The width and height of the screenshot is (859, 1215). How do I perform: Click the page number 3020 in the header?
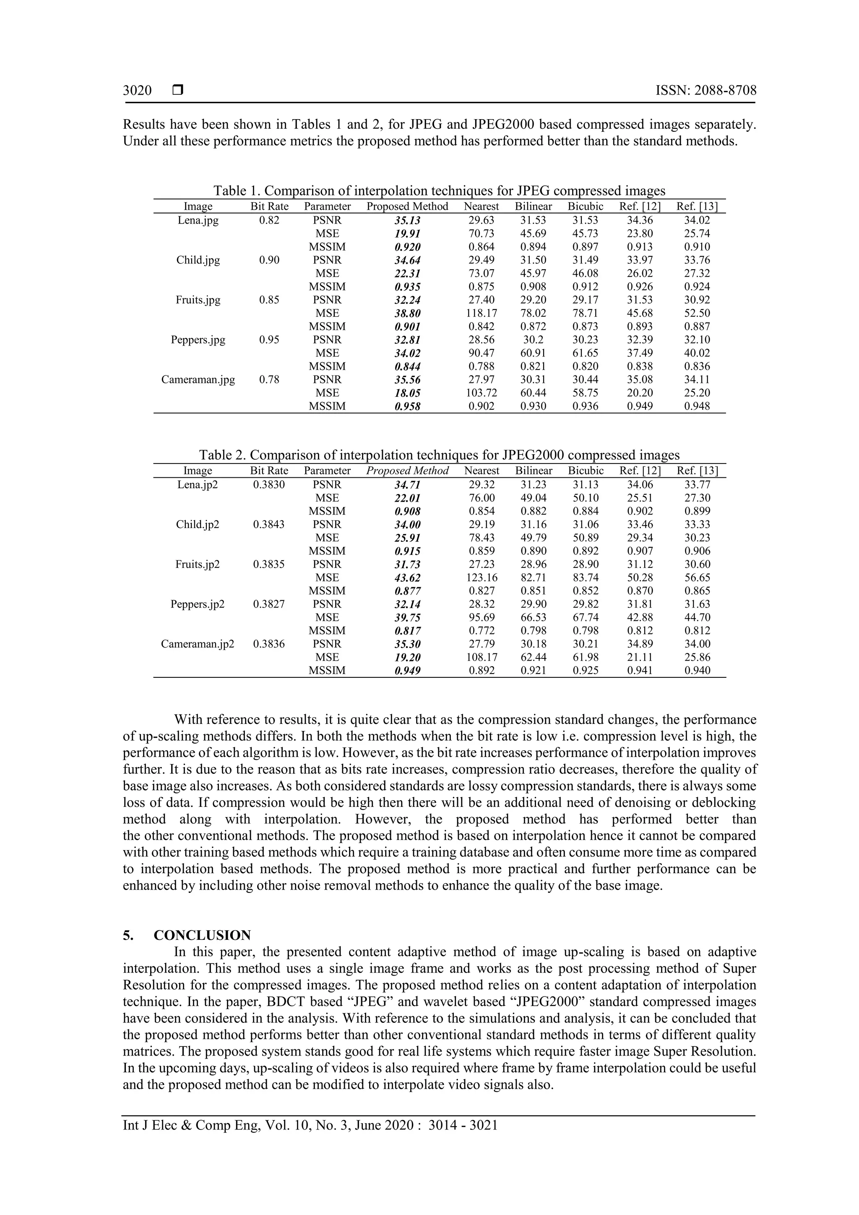[137, 91]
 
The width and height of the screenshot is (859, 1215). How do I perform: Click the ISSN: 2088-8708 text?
[705, 91]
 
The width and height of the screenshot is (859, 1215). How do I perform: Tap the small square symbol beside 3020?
[178, 91]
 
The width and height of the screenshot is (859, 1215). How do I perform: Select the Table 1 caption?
[439, 190]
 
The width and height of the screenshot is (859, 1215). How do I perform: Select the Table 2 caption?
[439, 455]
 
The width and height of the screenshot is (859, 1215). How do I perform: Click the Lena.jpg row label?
[198, 220]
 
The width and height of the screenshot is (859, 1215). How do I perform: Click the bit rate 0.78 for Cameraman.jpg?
[269, 380]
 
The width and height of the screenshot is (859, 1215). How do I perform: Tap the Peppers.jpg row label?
[198, 340]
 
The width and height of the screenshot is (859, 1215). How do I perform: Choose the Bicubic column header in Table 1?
[586, 206]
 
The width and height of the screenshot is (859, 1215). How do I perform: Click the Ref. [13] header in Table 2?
[697, 471]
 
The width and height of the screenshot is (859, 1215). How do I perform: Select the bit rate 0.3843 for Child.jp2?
[269, 524]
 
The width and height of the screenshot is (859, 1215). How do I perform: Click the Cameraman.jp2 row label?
[198, 644]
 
